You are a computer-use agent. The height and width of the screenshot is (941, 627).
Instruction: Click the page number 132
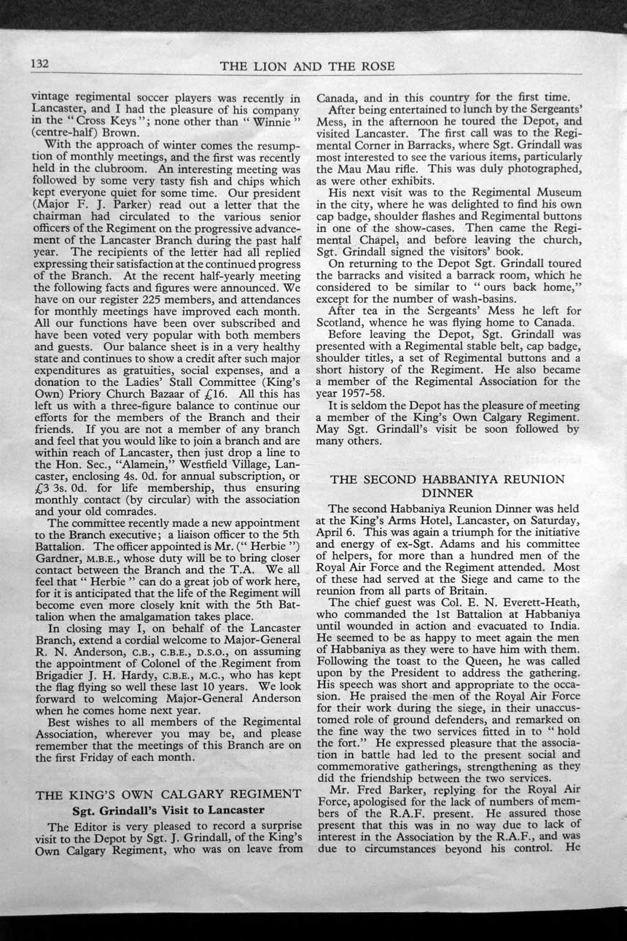pos(39,64)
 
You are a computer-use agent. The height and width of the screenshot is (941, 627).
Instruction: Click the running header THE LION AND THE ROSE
pos(307,66)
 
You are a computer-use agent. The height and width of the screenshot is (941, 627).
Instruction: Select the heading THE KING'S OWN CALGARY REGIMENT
pos(168,794)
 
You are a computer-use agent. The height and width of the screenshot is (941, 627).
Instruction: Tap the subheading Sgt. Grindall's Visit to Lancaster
pos(168,810)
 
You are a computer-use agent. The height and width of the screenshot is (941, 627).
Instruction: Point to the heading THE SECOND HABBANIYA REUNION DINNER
pos(448,486)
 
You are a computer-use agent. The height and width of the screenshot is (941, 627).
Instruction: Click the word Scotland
pos(340,322)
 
